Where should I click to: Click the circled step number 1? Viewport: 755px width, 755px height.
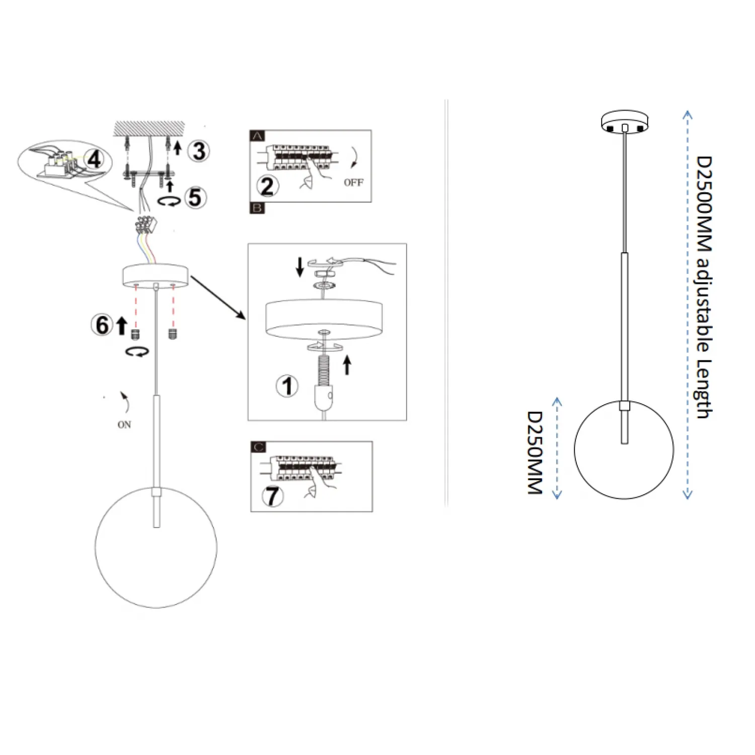click(287, 386)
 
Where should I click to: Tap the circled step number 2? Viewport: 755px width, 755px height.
click(267, 186)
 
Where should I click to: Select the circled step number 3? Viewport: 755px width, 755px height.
click(199, 151)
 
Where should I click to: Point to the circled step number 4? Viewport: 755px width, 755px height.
click(94, 159)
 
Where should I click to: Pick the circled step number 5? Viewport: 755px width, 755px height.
click(195, 197)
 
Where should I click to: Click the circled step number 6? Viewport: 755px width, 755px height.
click(102, 325)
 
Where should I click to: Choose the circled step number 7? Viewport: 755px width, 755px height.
click(272, 496)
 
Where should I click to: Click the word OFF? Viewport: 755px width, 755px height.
click(353, 182)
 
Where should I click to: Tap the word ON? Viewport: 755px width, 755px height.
click(124, 425)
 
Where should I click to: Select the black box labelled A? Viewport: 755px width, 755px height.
click(257, 136)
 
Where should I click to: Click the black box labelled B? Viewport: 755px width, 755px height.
click(257, 208)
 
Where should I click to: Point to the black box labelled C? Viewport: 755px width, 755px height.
click(258, 447)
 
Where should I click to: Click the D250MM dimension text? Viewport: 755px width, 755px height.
click(535, 452)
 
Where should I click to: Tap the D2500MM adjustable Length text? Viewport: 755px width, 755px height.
click(704, 287)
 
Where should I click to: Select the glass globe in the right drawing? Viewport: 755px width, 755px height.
click(624, 449)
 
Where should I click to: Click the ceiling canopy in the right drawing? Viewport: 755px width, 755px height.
click(625, 121)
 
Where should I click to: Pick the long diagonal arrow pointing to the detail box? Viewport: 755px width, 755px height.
click(218, 297)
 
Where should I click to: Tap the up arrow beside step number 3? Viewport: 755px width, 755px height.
click(177, 147)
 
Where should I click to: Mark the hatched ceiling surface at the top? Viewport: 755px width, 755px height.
click(149, 129)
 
